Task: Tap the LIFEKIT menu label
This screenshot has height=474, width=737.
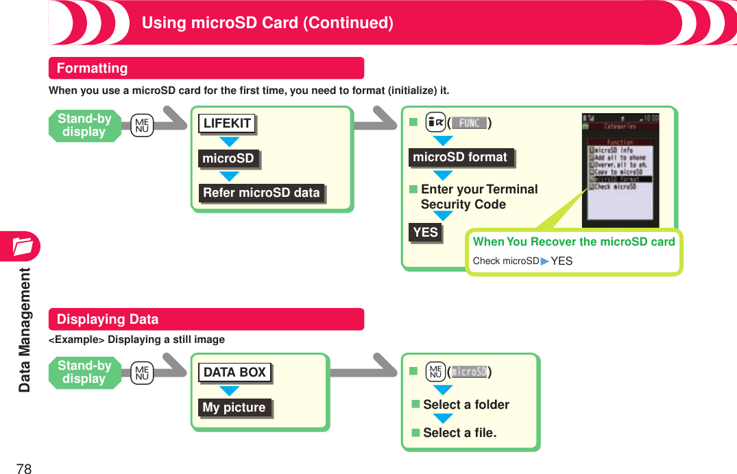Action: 227,123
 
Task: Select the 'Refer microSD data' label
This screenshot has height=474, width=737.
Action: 261,193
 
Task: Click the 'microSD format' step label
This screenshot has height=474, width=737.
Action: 460,157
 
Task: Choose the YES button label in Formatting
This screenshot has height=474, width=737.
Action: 425,233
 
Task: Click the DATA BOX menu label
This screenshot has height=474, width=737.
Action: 234,372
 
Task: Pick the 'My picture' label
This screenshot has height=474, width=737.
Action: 234,407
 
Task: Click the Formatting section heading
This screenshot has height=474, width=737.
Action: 92,68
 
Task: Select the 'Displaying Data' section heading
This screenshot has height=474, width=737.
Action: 107,319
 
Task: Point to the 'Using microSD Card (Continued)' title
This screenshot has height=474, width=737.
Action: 267,23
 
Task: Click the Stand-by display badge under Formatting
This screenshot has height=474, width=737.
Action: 84,126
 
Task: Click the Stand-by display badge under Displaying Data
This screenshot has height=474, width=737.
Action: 84,372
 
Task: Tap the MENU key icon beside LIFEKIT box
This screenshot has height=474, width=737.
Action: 142,126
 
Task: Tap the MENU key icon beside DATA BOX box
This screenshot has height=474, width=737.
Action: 142,372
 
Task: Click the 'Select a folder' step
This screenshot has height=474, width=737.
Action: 466,405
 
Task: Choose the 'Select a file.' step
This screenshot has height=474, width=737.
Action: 459,433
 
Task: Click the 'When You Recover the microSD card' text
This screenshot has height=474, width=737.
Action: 574,241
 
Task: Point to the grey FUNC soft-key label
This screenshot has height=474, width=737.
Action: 469,123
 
